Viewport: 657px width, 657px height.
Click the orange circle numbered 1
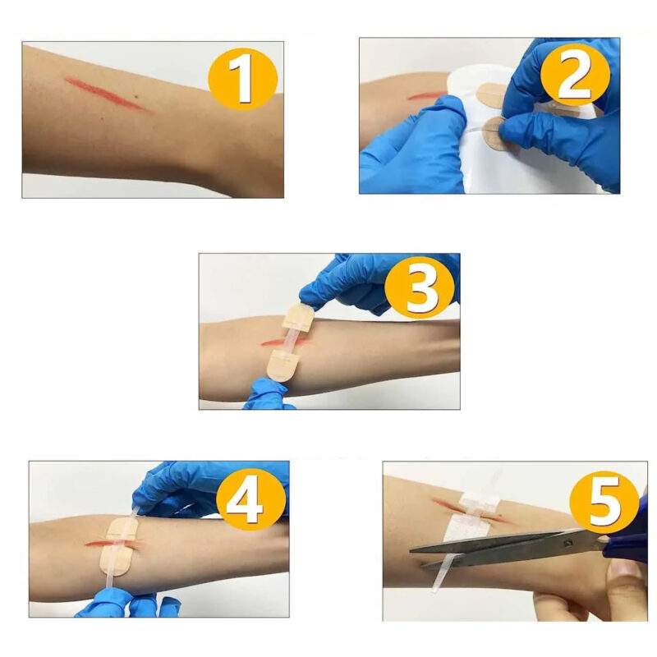[x=242, y=79]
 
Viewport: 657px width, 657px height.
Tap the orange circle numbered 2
[x=575, y=78]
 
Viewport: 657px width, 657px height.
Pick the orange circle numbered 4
[x=251, y=500]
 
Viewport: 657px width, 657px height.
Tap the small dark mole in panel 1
[x=136, y=98]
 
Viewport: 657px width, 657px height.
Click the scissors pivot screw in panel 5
[x=567, y=544]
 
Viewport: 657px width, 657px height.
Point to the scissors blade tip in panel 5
[x=411, y=550]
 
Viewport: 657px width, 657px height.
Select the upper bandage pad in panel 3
[x=298, y=317]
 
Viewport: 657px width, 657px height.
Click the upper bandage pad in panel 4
[x=122, y=529]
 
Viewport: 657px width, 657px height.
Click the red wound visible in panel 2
[x=427, y=96]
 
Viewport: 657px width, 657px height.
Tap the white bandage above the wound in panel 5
[x=480, y=500]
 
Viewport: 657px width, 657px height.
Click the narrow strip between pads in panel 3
[x=290, y=341]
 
